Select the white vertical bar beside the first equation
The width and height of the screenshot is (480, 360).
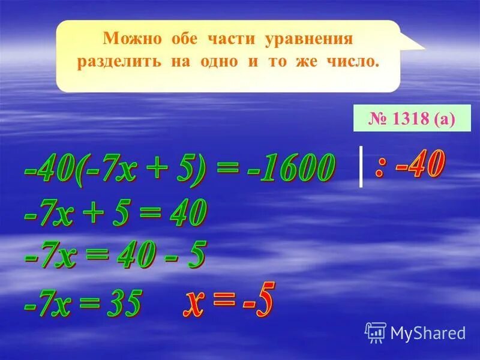[361, 166]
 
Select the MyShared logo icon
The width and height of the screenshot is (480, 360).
[376, 332]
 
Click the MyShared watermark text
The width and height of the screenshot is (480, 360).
[428, 332]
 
